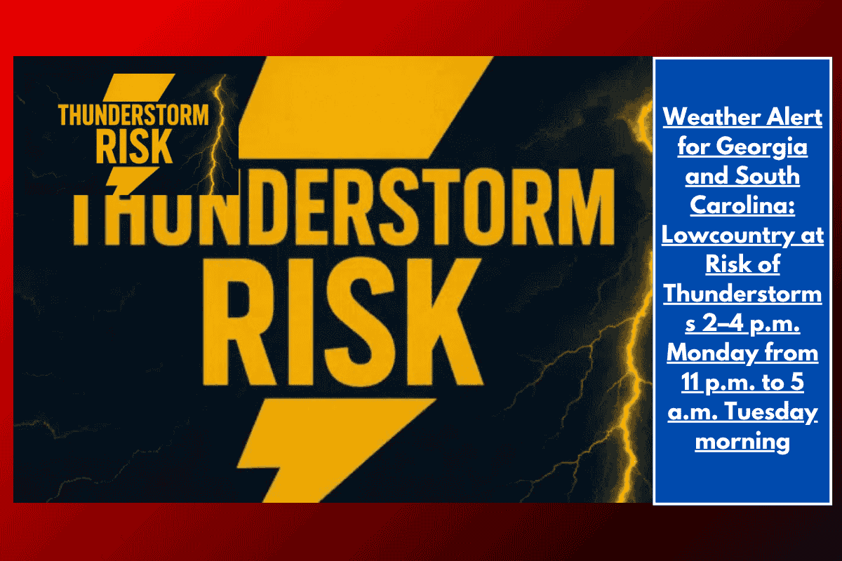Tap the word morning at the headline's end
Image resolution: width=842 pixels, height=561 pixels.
click(x=742, y=442)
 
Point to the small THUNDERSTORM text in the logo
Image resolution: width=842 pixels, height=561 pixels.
click(x=133, y=114)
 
